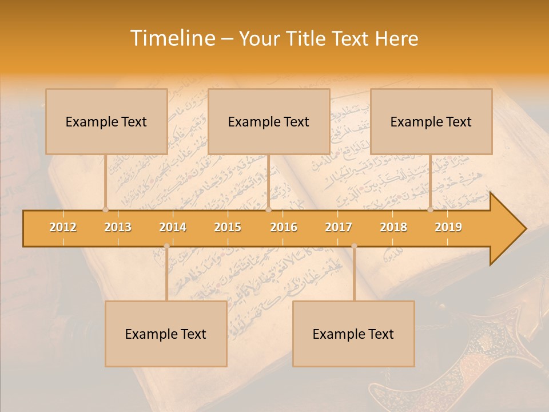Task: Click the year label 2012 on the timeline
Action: (x=63, y=227)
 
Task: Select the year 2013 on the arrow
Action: (x=118, y=227)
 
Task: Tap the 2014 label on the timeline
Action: (x=173, y=227)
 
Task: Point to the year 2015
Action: (x=228, y=227)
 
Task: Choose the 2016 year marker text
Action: (x=284, y=227)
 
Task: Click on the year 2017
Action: (x=339, y=227)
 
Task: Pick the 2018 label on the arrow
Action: (x=393, y=227)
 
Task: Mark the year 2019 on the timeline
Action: (x=448, y=227)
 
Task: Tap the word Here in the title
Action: (x=396, y=38)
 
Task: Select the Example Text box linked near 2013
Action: (x=106, y=121)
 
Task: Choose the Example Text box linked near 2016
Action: (x=269, y=121)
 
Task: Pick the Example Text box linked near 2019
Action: (x=431, y=121)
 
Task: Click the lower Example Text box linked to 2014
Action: (x=166, y=334)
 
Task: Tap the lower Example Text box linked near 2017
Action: (x=353, y=334)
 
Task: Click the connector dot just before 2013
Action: (x=105, y=209)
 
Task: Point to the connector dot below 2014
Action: (x=166, y=246)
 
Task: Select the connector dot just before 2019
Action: (x=430, y=209)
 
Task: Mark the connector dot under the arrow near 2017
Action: (x=354, y=246)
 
